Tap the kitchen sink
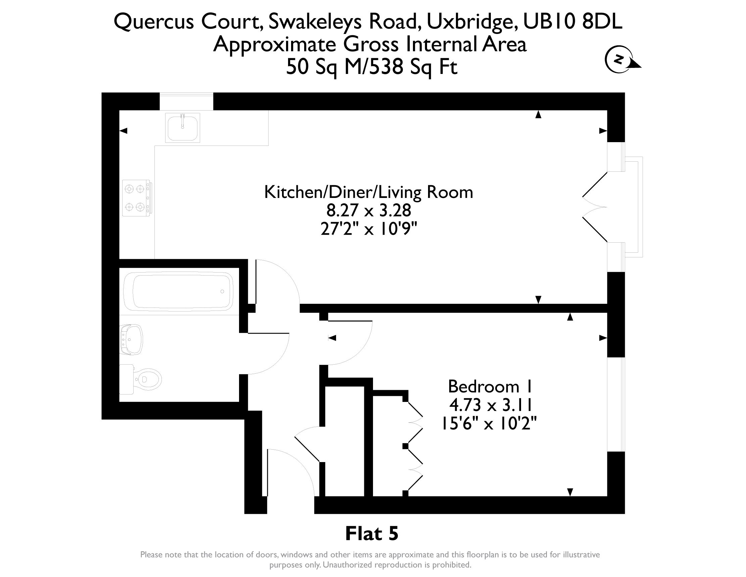(182, 127)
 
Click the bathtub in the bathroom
(178, 292)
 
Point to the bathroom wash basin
(131, 339)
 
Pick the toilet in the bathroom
(140, 379)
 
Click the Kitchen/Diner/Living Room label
(369, 193)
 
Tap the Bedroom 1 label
(490, 386)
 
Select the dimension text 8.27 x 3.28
(369, 211)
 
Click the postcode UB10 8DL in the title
(572, 22)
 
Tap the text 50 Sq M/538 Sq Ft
(371, 67)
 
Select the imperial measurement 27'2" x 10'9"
(369, 229)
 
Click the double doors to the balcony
(595, 207)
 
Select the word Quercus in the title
(154, 22)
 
